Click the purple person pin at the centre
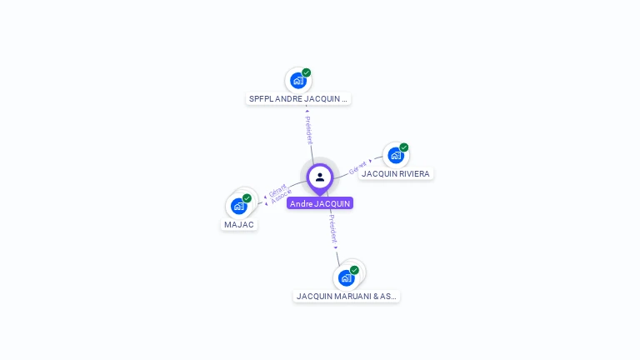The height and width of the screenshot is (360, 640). [320, 177]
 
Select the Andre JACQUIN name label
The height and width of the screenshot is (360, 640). [320, 203]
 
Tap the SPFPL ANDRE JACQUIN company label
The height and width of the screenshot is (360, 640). [298, 98]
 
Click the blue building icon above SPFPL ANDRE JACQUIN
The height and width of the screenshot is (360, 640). [297, 81]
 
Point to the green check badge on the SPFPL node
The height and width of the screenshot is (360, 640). [307, 72]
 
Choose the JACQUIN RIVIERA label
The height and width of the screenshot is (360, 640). [396, 173]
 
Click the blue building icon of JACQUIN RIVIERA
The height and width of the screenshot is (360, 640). [395, 155]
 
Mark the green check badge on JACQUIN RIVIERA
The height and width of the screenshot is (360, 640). [404, 147]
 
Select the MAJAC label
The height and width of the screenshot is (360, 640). [239, 224]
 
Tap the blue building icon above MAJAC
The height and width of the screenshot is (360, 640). [238, 206]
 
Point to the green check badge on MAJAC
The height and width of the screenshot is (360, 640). [247, 198]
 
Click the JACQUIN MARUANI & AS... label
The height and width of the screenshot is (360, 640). [347, 296]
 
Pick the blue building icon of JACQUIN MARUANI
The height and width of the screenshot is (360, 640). [346, 277]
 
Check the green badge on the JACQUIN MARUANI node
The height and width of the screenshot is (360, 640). [355, 270]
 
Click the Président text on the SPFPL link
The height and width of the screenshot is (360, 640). [308, 130]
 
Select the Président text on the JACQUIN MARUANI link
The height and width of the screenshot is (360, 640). [332, 227]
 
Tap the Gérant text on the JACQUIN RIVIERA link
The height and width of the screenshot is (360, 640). [358, 167]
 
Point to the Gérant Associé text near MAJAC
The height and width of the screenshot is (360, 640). [280, 192]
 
